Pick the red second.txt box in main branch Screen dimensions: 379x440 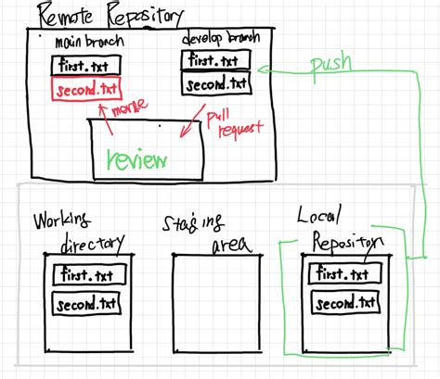click(86, 90)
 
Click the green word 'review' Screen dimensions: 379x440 click(137, 158)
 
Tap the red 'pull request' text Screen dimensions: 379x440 click(232, 122)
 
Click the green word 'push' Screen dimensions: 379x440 click(331, 65)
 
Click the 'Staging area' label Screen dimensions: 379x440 click(200, 232)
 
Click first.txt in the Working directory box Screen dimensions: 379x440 click(86, 275)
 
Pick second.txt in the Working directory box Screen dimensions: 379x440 click(86, 303)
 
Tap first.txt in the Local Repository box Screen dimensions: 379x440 click(345, 275)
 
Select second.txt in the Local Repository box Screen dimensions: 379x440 click(345, 303)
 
